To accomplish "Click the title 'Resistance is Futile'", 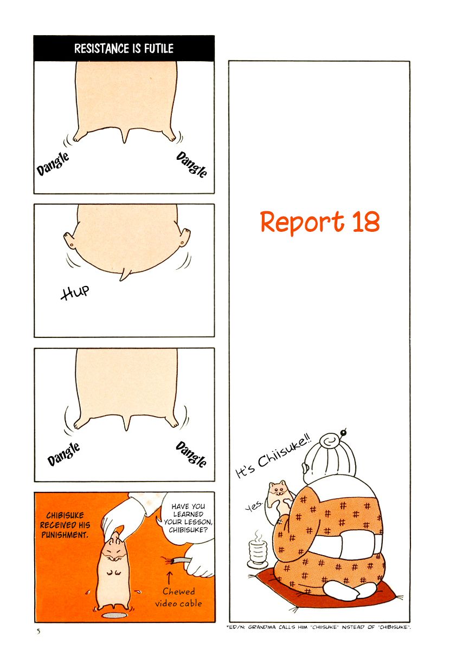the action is [124, 48].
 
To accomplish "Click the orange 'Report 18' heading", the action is [319, 222].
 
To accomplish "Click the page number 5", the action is [38, 632].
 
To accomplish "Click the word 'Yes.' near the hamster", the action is [254, 505].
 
